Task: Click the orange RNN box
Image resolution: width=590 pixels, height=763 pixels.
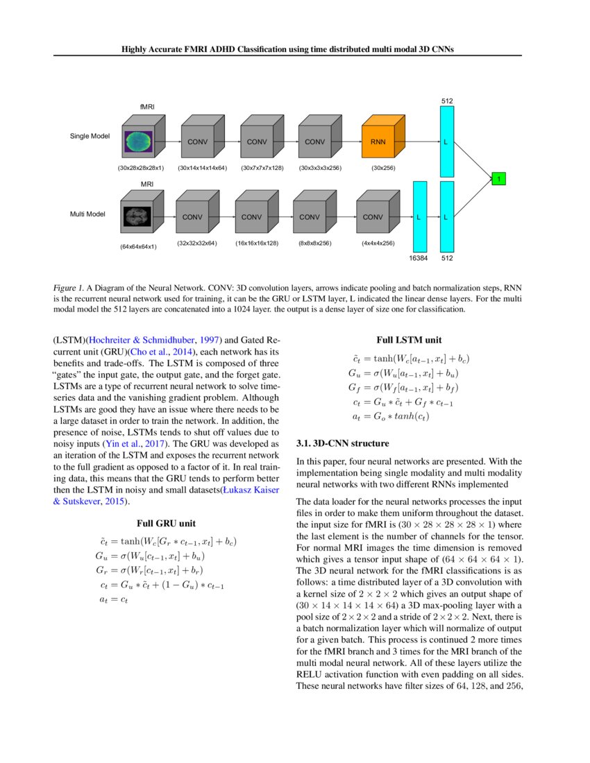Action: pyautogui.click(x=378, y=142)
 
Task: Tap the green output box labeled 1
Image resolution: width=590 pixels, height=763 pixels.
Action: pyautogui.click(x=498, y=180)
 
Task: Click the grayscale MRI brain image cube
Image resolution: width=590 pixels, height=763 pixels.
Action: pyautogui.click(x=137, y=217)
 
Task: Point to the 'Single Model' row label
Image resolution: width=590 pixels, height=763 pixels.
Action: pyautogui.click(x=90, y=136)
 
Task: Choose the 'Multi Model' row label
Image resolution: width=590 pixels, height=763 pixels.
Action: pyautogui.click(x=87, y=214)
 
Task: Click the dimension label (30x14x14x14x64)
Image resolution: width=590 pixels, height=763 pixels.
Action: pyautogui.click(x=203, y=168)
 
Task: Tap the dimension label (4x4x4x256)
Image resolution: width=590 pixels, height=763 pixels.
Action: pyautogui.click(x=378, y=243)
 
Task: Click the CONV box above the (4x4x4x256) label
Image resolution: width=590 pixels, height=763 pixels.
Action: pyautogui.click(x=373, y=217)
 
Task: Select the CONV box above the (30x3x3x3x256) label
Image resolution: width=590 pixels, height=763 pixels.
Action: pyautogui.click(x=314, y=142)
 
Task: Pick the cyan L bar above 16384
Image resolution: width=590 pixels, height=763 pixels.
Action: pyautogui.click(x=419, y=217)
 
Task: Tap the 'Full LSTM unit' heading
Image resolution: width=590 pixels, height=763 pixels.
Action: pyautogui.click(x=409, y=341)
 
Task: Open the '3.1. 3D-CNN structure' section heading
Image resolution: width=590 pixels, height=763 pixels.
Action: pyautogui.click(x=342, y=443)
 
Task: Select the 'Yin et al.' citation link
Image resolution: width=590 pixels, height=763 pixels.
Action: pyautogui.click(x=125, y=423)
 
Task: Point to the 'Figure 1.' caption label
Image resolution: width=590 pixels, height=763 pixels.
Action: pyautogui.click(x=67, y=286)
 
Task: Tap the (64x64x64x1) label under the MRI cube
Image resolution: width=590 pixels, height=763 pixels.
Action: pyautogui.click(x=137, y=246)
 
